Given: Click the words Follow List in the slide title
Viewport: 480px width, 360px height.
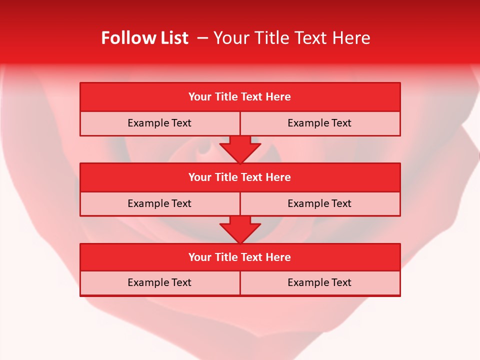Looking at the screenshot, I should (144, 38).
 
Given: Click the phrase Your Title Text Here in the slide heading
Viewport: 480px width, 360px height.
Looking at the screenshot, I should (291, 38).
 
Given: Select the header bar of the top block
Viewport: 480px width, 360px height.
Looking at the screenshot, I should (240, 97).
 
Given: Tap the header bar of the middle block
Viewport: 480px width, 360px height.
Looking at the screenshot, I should (240, 177).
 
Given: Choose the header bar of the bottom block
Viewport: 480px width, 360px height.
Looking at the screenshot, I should (240, 257).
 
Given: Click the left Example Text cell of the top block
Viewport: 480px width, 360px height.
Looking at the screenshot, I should (159, 123).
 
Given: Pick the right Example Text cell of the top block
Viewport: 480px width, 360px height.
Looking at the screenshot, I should (319, 123).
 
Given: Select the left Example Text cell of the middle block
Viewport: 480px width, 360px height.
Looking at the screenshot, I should (159, 204).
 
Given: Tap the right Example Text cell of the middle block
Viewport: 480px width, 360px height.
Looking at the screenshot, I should (319, 204).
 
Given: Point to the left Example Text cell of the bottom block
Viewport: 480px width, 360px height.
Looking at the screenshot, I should (159, 283).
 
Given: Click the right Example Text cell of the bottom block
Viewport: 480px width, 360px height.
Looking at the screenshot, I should (319, 283).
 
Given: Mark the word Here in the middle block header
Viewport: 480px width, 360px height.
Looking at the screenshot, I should (278, 177).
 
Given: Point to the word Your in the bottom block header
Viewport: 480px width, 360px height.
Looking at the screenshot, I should (199, 257).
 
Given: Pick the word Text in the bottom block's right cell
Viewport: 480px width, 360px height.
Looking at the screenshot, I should (341, 283).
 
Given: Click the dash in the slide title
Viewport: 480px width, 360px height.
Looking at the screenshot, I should (202, 38).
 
